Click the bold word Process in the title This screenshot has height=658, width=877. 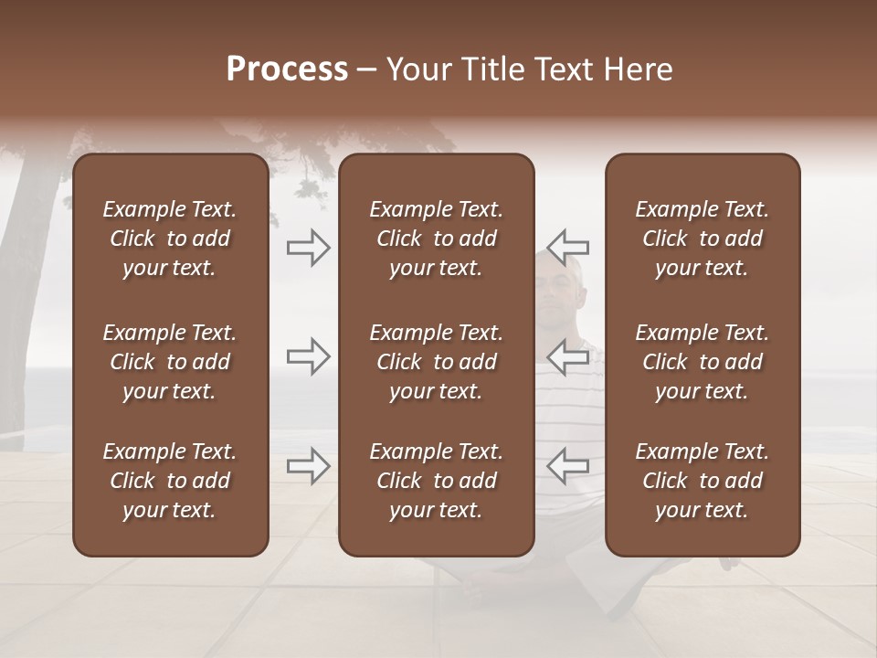point(287,69)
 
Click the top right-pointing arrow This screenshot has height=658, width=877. point(308,247)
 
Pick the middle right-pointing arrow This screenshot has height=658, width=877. point(308,356)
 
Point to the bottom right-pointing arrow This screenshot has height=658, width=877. point(308,466)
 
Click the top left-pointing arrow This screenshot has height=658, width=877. point(568,247)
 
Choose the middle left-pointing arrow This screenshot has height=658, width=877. point(568,356)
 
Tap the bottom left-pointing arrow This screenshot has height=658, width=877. point(568,466)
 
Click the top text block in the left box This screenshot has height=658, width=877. point(170,239)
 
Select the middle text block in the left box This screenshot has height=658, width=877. point(170,362)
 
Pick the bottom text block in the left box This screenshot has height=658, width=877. point(170,481)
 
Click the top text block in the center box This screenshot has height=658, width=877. point(436,239)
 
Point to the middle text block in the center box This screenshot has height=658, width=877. point(436,362)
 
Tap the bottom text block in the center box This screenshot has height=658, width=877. point(436,481)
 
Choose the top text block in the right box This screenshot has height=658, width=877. point(702,239)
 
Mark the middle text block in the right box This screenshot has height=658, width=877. point(702,362)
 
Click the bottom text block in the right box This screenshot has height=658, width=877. point(702,481)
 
